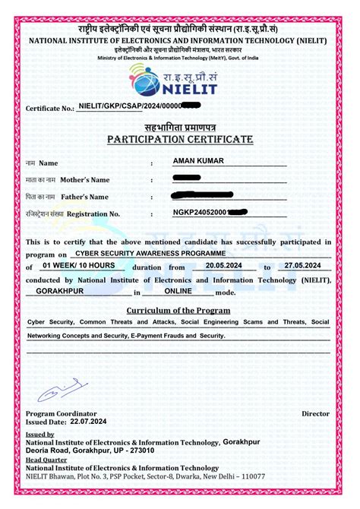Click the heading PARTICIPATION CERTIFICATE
tap(179, 140)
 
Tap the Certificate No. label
tap(50, 109)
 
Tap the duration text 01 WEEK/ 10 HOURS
tap(79, 265)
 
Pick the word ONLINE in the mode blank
tap(178, 290)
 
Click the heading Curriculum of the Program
tap(179, 310)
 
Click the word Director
tap(315, 414)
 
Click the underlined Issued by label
tap(40, 435)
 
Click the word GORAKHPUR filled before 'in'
tap(58, 290)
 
